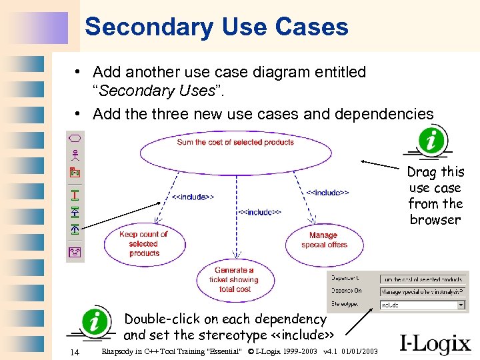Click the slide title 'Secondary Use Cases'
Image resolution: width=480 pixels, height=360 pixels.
[217, 27]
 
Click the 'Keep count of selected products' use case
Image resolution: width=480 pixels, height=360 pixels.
[144, 244]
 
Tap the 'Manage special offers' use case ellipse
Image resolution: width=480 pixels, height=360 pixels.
[323, 241]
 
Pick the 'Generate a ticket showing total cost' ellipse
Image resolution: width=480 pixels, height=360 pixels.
[235, 280]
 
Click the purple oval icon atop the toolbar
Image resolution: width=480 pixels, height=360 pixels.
[75, 139]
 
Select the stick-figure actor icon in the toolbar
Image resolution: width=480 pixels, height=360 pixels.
[75, 155]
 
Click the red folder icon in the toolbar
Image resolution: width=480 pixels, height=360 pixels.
[75, 173]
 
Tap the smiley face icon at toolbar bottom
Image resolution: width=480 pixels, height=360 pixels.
[75, 251]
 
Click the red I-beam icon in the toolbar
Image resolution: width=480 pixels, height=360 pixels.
[75, 195]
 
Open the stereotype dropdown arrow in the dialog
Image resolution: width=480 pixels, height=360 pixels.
[461, 305]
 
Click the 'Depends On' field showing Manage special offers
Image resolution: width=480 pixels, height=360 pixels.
[422, 291]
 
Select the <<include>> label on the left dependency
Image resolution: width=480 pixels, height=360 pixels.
[193, 197]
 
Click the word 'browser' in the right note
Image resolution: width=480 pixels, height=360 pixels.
[435, 220]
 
